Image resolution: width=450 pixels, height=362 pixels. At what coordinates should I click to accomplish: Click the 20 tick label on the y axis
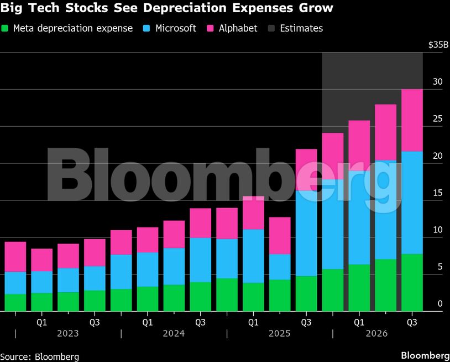point(438,156)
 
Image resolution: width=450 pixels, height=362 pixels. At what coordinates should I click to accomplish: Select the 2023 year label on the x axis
point(67,334)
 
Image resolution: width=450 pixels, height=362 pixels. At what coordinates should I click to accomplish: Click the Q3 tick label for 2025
point(306,321)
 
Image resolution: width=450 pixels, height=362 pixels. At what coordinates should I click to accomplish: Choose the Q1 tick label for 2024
point(148,321)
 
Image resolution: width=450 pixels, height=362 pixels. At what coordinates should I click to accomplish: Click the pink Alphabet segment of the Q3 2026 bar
point(412,120)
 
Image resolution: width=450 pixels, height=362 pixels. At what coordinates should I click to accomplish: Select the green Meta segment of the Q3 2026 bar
point(412,282)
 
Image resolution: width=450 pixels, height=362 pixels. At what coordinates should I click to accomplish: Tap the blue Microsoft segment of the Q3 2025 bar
point(306,233)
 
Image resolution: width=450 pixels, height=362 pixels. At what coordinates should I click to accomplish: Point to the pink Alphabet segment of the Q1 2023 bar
point(42,260)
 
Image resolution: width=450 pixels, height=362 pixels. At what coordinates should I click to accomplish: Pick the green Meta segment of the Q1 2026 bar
point(359,288)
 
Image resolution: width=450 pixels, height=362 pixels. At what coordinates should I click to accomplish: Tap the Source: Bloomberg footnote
point(39,357)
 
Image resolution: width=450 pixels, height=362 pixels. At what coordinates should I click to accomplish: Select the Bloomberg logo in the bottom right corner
point(425,355)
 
